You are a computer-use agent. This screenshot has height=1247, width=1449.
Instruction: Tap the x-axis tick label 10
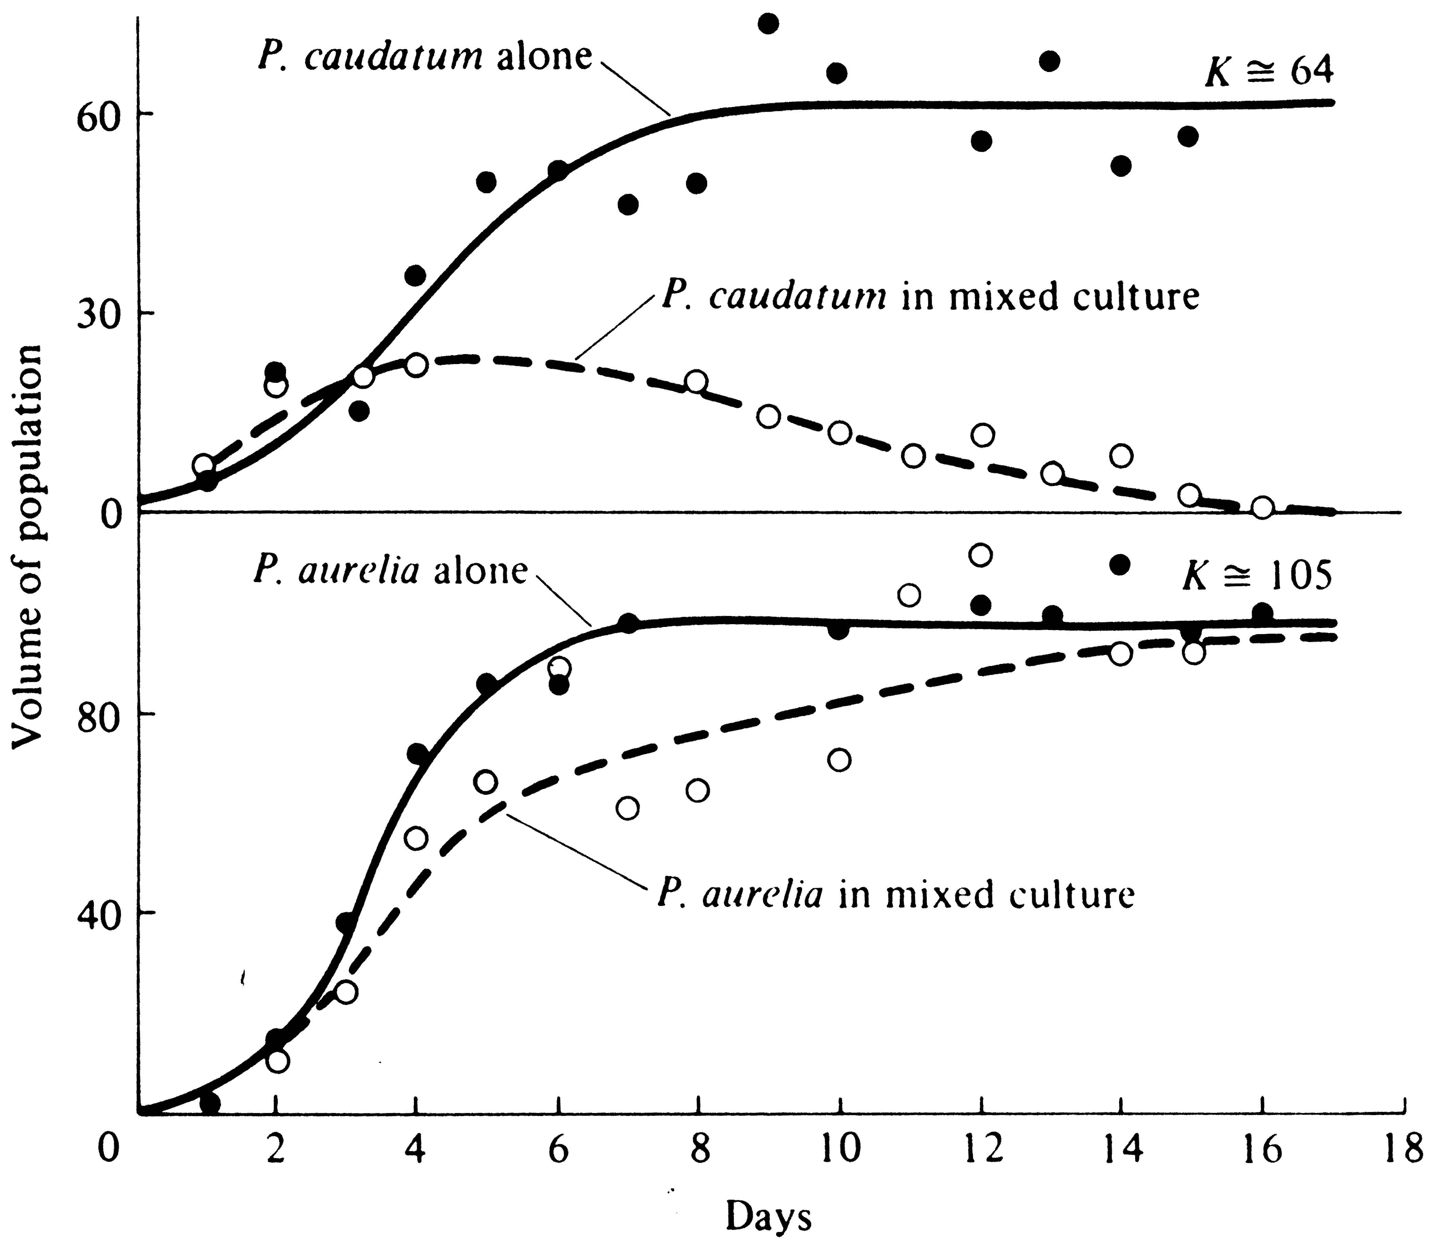coord(840,1150)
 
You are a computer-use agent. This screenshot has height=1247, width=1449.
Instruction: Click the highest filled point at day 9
coord(769,23)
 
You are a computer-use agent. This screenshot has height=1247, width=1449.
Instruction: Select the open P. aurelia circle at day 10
coord(839,760)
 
